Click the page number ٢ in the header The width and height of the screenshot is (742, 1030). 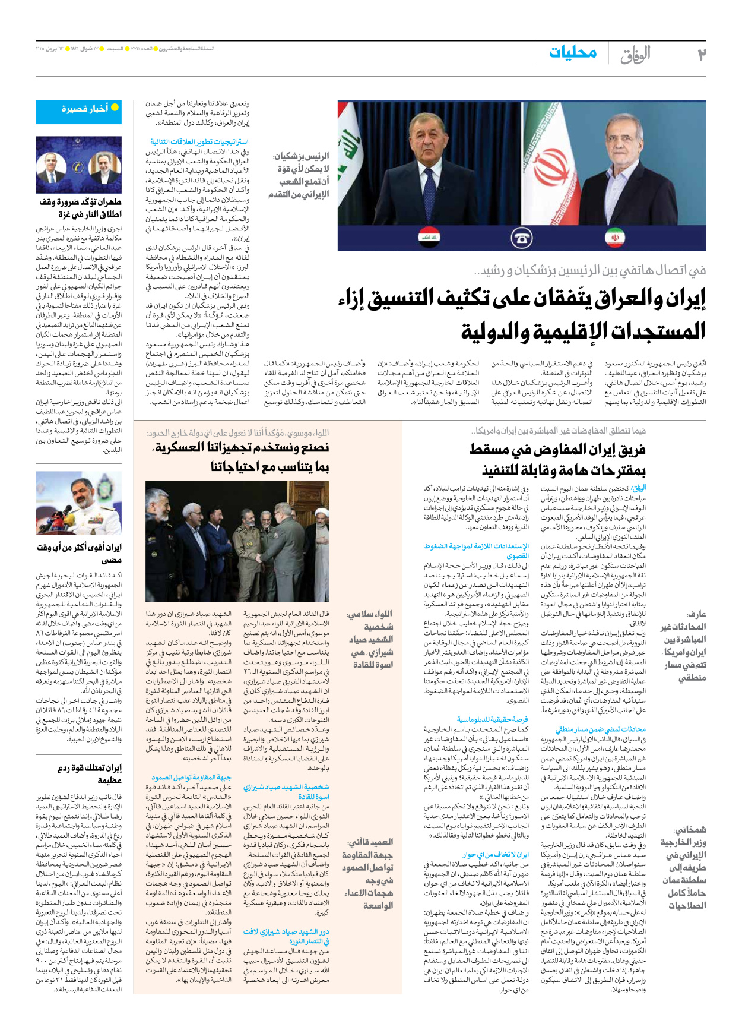(702, 54)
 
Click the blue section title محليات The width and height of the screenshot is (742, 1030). (572, 53)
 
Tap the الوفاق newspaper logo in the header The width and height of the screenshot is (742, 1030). (636, 54)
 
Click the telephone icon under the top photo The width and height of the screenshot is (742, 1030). (521, 238)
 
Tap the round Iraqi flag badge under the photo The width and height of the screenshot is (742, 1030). (429, 238)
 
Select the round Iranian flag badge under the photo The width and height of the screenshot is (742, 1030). (615, 238)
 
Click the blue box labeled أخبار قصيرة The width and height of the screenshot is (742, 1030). (78, 111)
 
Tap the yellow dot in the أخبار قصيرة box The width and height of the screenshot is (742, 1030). (115, 108)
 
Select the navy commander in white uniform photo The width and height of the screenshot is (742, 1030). (78, 503)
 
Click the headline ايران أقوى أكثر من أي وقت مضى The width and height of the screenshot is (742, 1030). (80, 552)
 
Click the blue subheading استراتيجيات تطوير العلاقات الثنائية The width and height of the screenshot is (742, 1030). (199, 142)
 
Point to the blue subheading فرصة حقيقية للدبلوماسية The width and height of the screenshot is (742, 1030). (492, 719)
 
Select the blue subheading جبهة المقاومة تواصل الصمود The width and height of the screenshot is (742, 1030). (191, 778)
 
